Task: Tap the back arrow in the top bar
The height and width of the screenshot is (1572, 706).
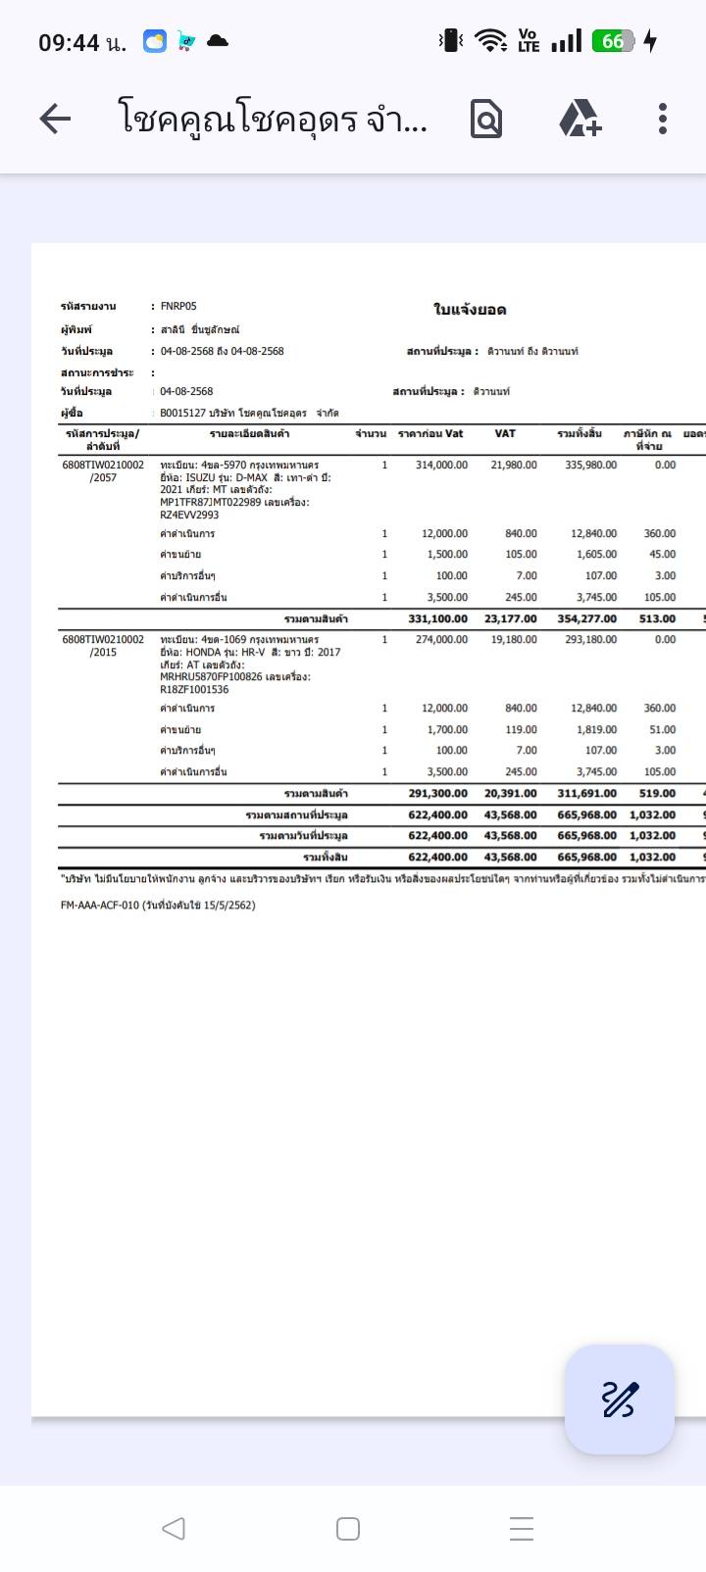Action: [x=55, y=120]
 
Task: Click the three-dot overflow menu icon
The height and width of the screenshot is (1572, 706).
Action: [x=663, y=120]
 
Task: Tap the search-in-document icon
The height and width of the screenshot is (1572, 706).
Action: [x=486, y=120]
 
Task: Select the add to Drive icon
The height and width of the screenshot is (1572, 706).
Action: [x=580, y=120]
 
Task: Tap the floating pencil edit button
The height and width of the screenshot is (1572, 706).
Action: [x=619, y=1399]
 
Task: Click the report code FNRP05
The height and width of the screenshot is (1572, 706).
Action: [x=178, y=307]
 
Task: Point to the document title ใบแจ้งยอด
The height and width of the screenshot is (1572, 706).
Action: [x=470, y=310]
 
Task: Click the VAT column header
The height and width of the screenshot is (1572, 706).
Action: [x=505, y=433]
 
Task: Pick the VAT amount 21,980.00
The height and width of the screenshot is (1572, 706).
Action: [x=514, y=466]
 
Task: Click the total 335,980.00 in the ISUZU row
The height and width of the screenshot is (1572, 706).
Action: [x=590, y=466]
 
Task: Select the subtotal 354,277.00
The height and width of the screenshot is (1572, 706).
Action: [x=586, y=619]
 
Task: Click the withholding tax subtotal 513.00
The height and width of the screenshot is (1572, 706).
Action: [x=657, y=619]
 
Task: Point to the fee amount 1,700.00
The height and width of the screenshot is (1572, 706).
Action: [x=444, y=730]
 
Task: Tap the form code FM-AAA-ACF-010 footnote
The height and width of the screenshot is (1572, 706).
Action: [x=157, y=906]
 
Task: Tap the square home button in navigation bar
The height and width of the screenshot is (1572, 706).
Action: [x=348, y=1529]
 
